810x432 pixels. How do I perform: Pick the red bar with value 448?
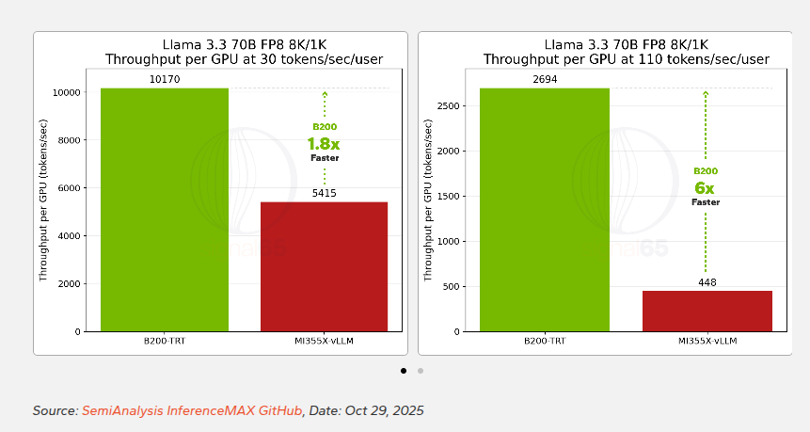click(x=707, y=311)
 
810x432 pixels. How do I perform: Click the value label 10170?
click(x=165, y=80)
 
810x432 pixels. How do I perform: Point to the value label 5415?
click(x=324, y=194)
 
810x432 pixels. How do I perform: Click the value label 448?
click(x=707, y=282)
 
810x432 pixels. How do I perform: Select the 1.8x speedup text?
click(x=324, y=144)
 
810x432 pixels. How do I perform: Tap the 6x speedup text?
click(x=706, y=188)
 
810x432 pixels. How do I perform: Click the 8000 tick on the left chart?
click(x=66, y=140)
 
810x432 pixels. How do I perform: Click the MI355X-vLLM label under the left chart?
click(x=324, y=340)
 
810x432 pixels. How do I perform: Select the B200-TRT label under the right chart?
click(x=545, y=340)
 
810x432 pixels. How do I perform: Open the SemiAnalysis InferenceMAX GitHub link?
click(x=192, y=410)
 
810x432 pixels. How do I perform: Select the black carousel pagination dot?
click(x=404, y=371)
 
